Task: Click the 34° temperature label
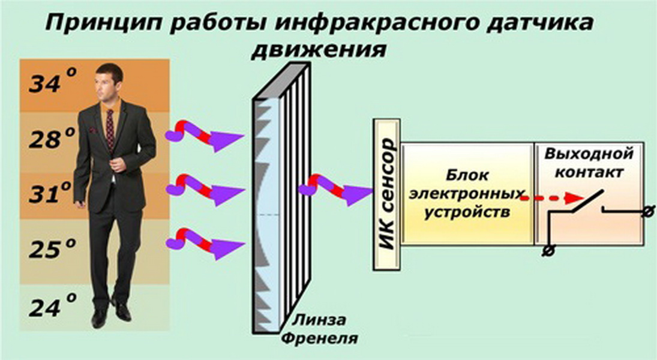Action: click(53, 82)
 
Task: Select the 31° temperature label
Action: click(53, 193)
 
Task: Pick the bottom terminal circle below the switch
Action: click(547, 251)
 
